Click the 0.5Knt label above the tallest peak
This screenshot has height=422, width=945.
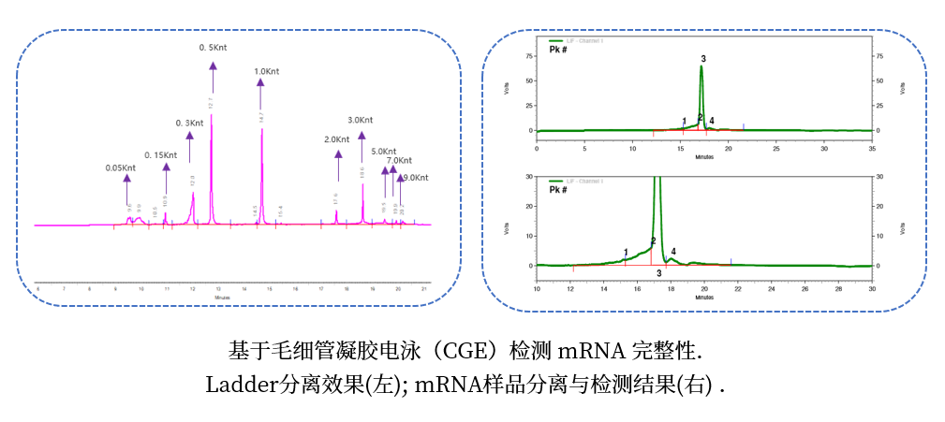213,47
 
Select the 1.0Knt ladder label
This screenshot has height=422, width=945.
267,70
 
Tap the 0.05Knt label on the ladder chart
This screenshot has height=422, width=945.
121,168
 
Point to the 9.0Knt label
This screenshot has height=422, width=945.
415,177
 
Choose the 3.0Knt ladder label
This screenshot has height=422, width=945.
361,120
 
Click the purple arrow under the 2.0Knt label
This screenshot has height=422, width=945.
338,165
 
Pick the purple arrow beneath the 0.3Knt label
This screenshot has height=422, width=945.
189,148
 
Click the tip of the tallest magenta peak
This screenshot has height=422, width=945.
212,114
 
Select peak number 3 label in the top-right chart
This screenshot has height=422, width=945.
702,59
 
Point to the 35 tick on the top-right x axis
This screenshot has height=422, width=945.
872,149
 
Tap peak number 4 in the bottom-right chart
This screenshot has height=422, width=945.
673,252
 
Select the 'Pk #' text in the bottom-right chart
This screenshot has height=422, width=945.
558,190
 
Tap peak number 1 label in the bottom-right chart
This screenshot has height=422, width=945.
626,253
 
